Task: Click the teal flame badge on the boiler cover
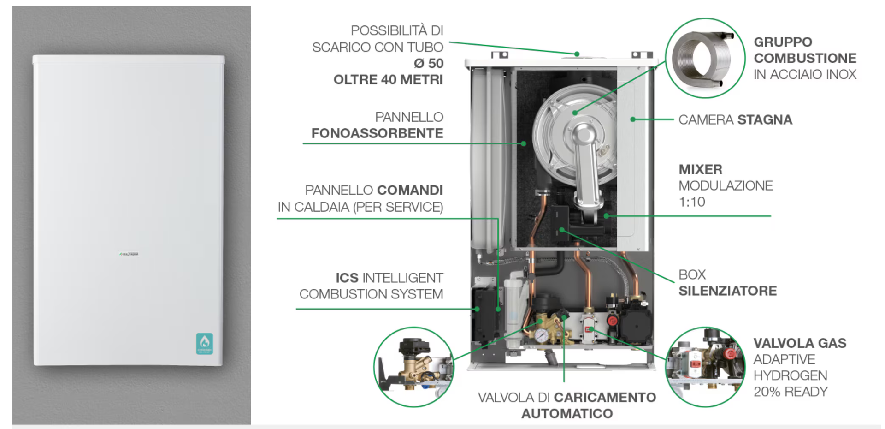pos(204,344)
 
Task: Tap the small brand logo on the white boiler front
pos(129,254)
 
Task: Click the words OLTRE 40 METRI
pos(388,80)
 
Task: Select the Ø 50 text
pos(428,63)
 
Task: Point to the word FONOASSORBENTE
pos(377,133)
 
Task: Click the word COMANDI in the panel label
pos(410,190)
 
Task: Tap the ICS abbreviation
pos(347,278)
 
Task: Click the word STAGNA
pos(765,120)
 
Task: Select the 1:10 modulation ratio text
pos(692,202)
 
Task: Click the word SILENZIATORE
pos(727,291)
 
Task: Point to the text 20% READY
pos(791,392)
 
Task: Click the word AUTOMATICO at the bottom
pos(567,414)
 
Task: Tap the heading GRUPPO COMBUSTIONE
pos(805,50)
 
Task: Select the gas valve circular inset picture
pos(705,367)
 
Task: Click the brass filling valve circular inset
pos(413,367)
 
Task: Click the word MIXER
pos(700,169)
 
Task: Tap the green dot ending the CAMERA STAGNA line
pos(633,119)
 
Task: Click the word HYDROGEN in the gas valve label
pos(790,375)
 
